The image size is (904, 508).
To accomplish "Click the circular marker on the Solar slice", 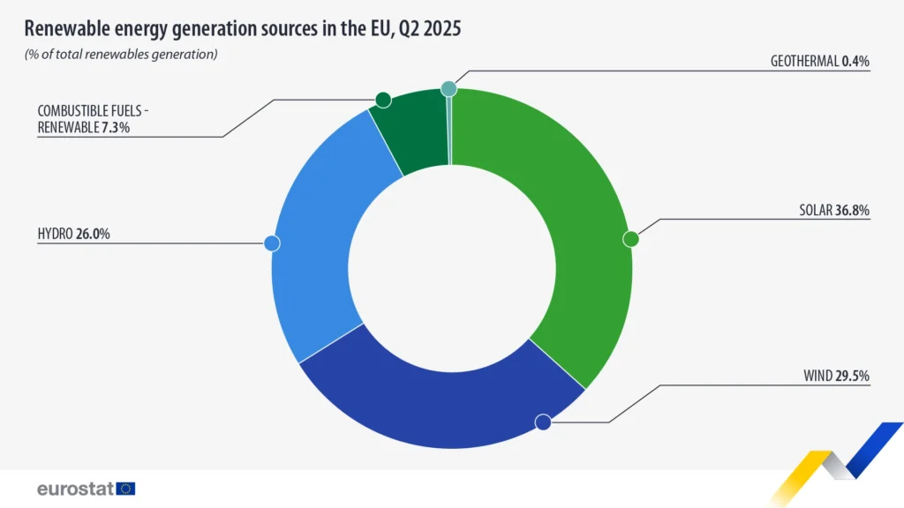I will [x=630, y=239].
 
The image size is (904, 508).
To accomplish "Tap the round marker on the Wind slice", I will [x=543, y=422].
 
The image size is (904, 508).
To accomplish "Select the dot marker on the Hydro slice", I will [x=272, y=243].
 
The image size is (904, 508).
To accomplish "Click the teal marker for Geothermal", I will [x=448, y=88].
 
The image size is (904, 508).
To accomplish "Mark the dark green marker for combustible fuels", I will [x=382, y=100].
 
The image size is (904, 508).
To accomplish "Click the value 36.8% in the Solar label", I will [x=852, y=211].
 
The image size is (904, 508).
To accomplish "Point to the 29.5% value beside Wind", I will [x=852, y=377].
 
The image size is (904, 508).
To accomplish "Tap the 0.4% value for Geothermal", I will [x=855, y=62].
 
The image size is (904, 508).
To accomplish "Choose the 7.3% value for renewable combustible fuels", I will [x=117, y=128].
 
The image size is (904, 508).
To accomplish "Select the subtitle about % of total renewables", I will [x=121, y=55].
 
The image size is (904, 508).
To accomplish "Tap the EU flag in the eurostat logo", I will [x=125, y=488].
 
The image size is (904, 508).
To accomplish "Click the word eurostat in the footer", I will [x=74, y=488].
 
